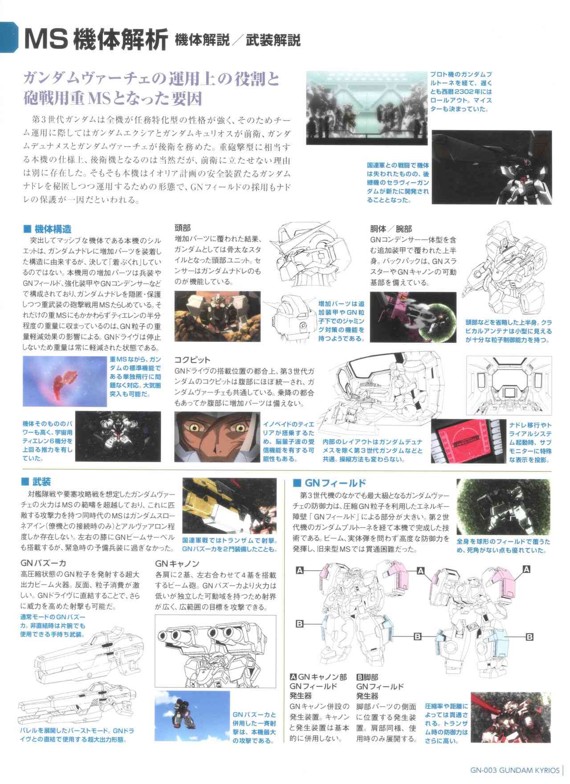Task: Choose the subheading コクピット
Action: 192,359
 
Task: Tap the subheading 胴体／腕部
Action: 390,227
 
